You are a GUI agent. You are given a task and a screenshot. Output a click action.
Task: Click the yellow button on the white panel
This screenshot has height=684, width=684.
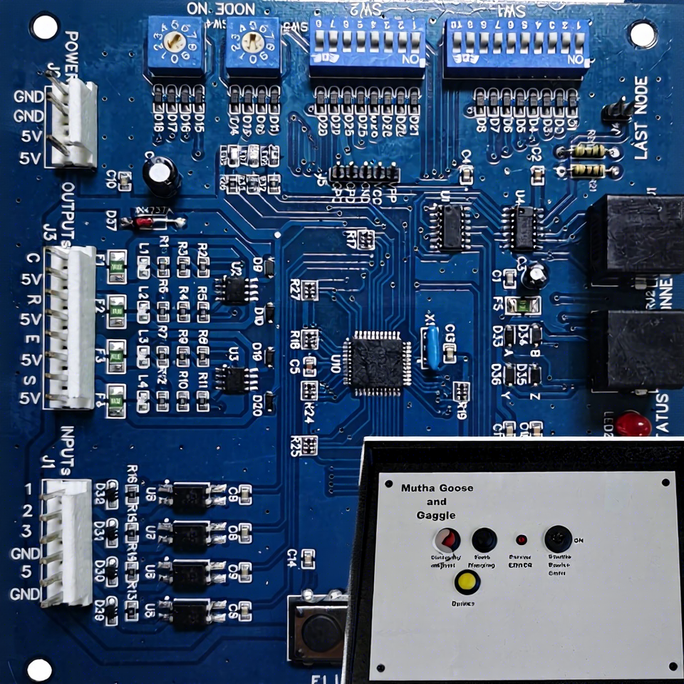pyautogui.click(x=467, y=581)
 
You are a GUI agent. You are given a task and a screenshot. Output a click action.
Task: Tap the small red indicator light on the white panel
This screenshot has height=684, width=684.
pyautogui.click(x=522, y=539)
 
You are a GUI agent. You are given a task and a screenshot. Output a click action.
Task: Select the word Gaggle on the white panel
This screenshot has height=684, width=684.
pyautogui.click(x=436, y=514)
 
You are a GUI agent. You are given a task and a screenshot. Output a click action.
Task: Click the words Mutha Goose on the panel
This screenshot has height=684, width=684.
pyautogui.click(x=437, y=488)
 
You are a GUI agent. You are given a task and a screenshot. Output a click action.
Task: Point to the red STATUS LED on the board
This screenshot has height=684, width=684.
pyautogui.click(x=633, y=424)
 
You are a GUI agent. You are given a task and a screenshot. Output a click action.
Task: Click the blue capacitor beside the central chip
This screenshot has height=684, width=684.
pyautogui.click(x=430, y=347)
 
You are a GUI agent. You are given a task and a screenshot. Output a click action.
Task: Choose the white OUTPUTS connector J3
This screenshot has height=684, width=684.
pyautogui.click(x=71, y=328)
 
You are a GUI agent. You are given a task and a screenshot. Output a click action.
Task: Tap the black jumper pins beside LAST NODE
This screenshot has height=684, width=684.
pyautogui.click(x=617, y=111)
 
